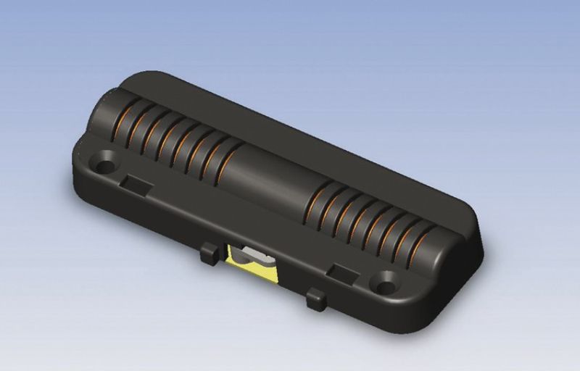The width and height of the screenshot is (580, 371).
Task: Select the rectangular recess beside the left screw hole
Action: tap(136, 183)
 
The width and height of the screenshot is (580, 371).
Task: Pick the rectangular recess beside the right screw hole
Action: tap(341, 271)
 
